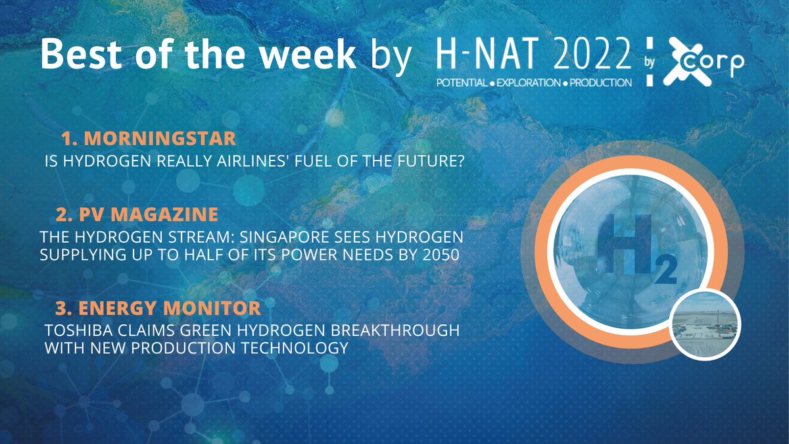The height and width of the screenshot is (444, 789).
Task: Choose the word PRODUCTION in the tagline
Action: tap(597, 84)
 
